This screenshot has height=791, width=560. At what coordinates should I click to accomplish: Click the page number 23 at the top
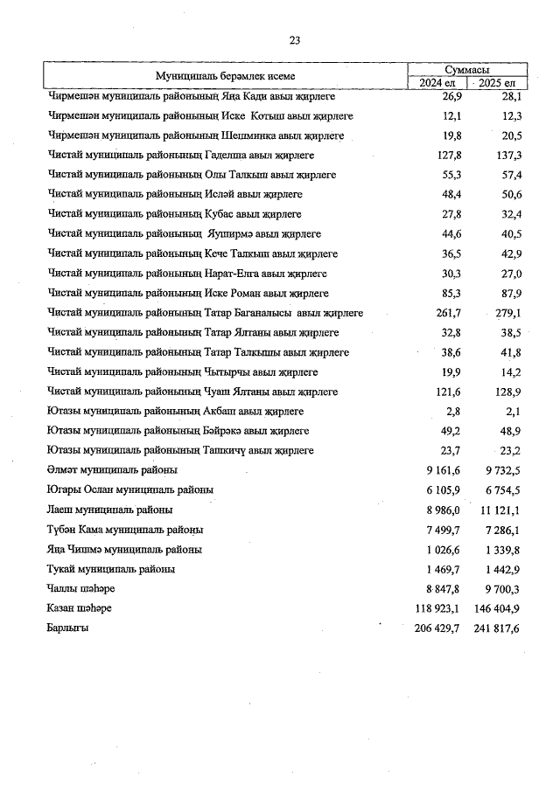click(x=294, y=40)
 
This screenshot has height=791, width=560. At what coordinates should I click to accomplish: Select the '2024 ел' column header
click(x=438, y=82)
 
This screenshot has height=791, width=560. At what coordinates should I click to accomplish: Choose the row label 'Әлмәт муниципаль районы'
click(x=112, y=470)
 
